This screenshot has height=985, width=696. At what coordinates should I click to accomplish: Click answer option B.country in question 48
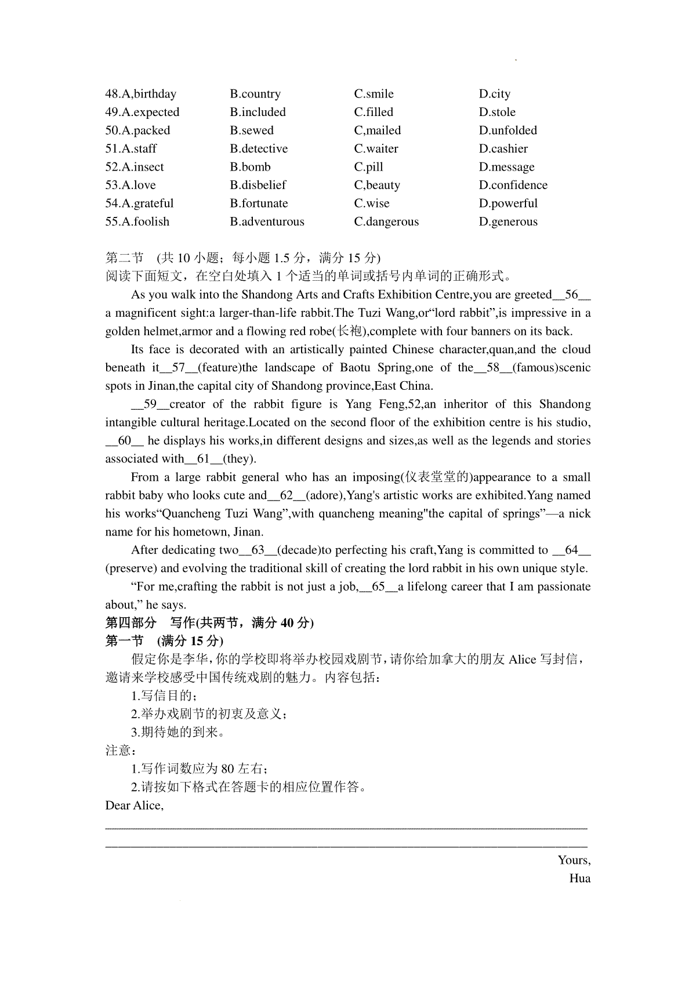[x=255, y=94]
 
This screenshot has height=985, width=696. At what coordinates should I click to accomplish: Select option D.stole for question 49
[x=497, y=112]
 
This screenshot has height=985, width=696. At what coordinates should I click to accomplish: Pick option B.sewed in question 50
[x=252, y=131]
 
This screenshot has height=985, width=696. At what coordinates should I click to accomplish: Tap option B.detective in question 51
[x=259, y=149]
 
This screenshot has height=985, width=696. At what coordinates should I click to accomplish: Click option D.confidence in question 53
[x=513, y=185]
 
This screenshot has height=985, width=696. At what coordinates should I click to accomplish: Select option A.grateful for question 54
[x=139, y=204]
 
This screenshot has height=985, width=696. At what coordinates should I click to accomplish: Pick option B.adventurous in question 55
[x=267, y=222]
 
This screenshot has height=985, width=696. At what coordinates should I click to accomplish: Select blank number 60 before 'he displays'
[x=125, y=441]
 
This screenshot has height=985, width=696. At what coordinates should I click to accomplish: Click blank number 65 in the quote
[x=378, y=586]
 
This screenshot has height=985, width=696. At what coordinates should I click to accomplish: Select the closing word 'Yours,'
[x=574, y=860]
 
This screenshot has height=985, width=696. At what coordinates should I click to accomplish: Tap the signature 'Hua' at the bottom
[x=580, y=878]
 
